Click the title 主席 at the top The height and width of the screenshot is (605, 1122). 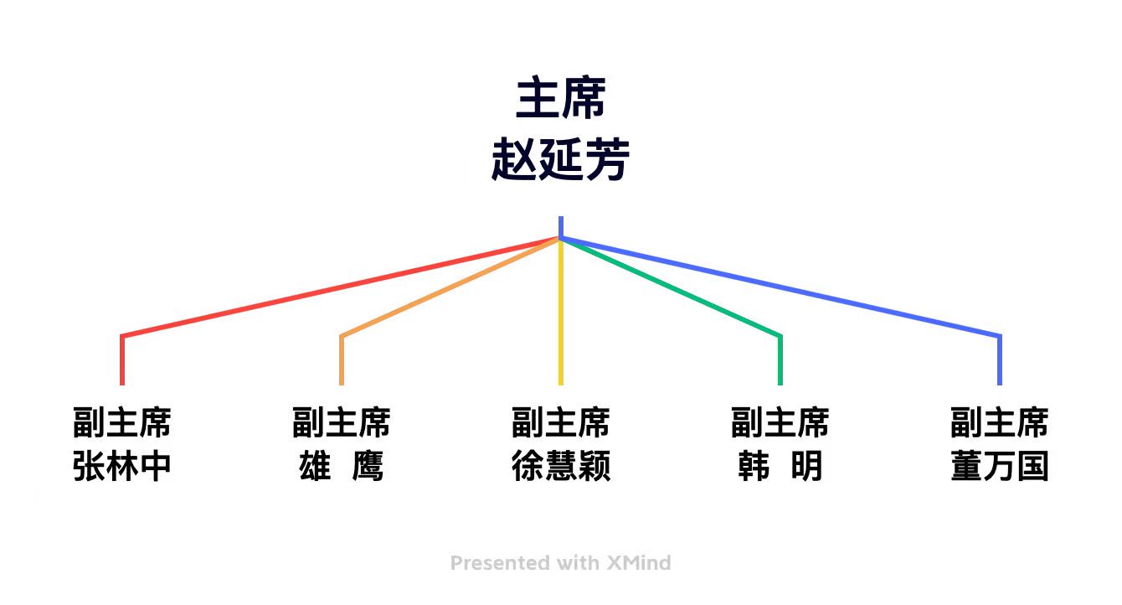(x=560, y=98)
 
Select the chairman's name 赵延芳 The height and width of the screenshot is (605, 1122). (x=560, y=159)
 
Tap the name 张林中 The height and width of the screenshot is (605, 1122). (x=121, y=466)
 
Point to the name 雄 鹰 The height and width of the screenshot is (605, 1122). (x=341, y=466)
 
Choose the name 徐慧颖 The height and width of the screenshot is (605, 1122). (x=560, y=466)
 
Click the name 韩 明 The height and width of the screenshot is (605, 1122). (x=780, y=466)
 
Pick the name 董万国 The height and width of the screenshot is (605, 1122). (x=999, y=466)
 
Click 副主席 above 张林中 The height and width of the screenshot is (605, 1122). (x=121, y=422)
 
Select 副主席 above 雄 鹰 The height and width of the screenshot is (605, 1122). (x=341, y=422)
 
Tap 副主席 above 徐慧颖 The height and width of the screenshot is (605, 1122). (x=560, y=422)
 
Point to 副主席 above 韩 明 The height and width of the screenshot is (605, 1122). (x=780, y=422)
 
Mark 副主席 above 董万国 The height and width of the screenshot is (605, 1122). (x=999, y=422)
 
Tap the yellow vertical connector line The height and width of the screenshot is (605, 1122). (x=560, y=312)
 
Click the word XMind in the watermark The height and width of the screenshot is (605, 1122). (x=639, y=563)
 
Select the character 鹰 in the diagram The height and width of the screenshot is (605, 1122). (x=368, y=466)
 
